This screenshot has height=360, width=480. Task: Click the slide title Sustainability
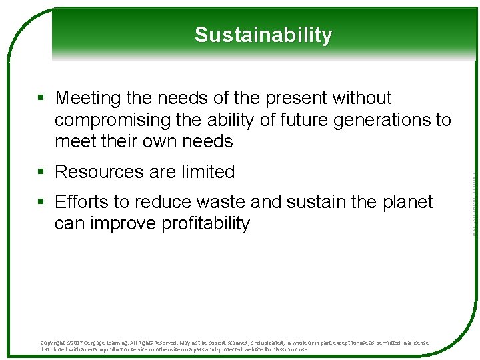point(263,35)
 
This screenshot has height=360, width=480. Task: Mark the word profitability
point(206,223)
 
